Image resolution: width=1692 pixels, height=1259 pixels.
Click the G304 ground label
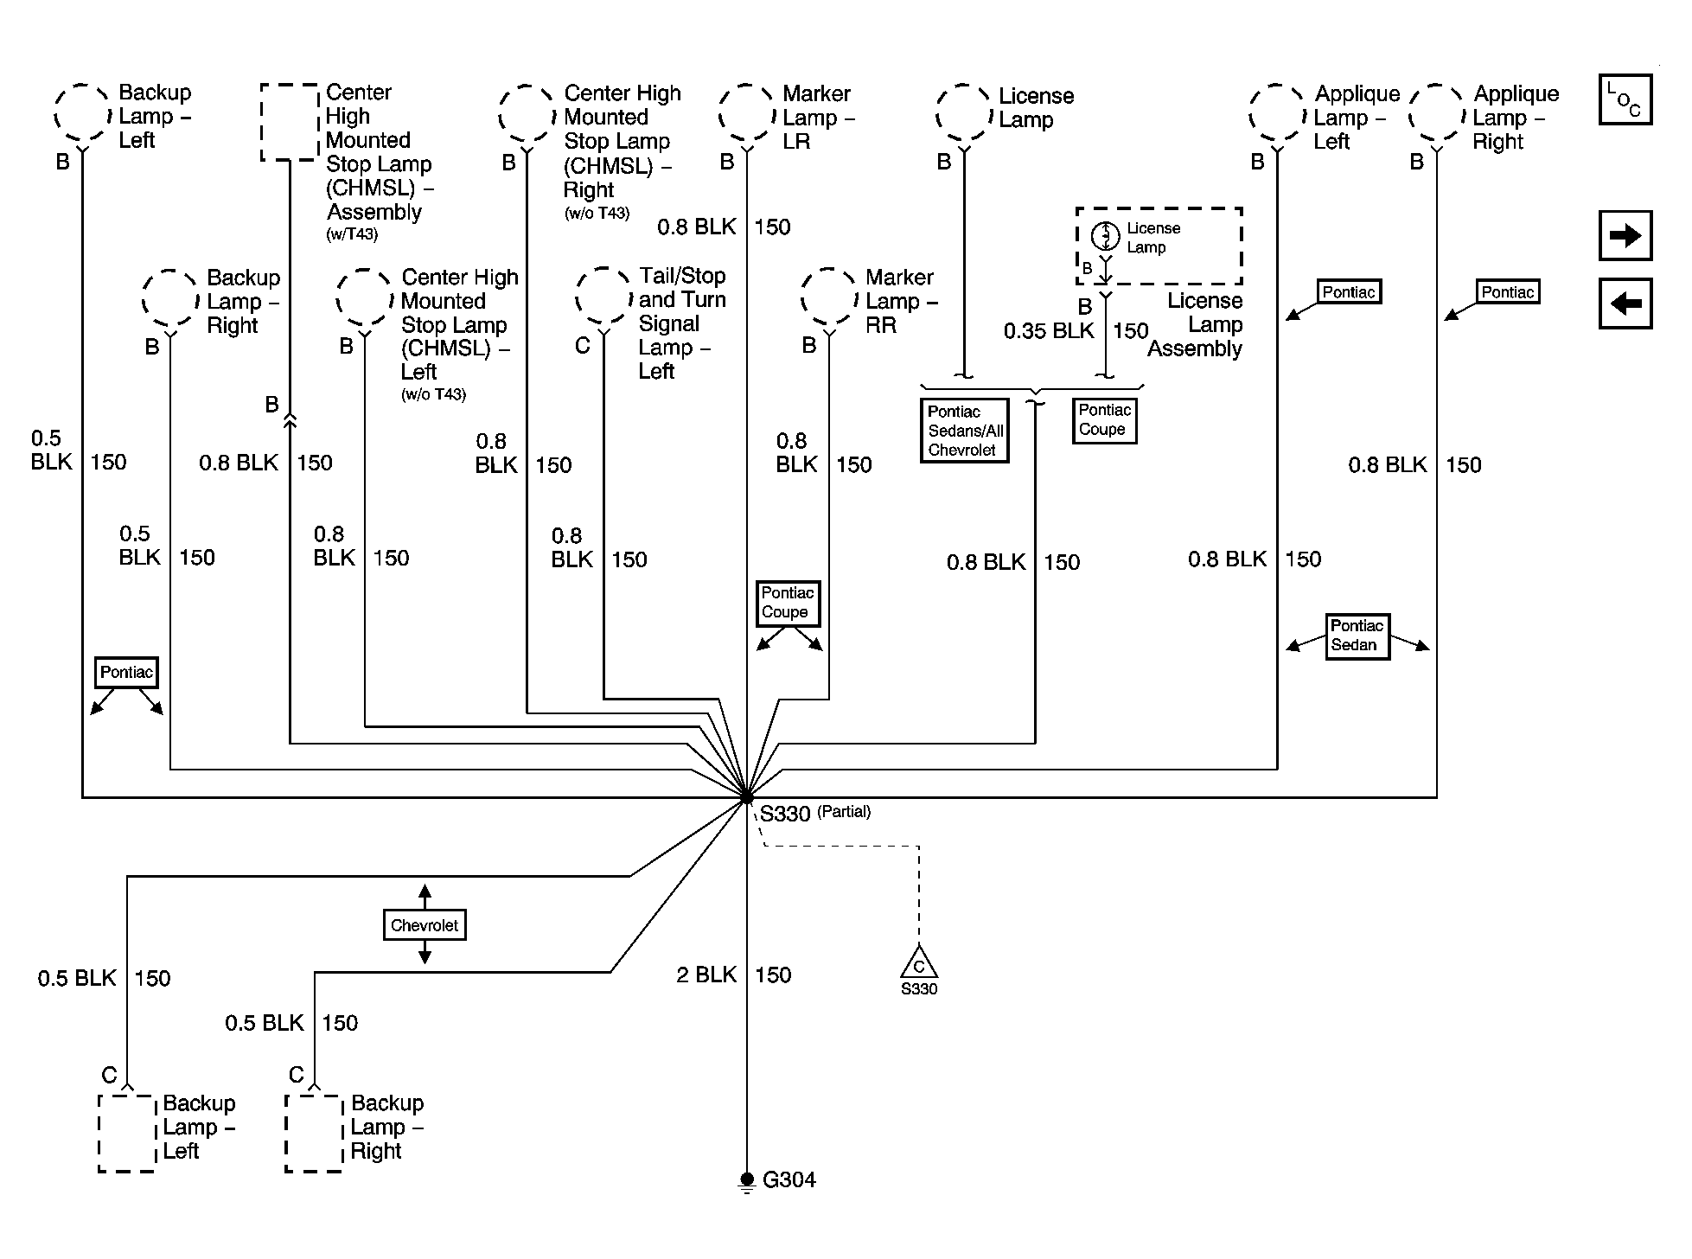[789, 1180]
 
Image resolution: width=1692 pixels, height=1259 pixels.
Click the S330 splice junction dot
[746, 798]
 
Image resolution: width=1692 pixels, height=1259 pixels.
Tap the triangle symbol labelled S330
[918, 963]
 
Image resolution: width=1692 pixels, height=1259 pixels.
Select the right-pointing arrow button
[1625, 235]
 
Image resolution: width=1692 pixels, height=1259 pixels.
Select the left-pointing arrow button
[1625, 304]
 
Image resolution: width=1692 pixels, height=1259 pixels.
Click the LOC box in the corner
[1625, 99]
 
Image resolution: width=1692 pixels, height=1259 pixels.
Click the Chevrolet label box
[425, 925]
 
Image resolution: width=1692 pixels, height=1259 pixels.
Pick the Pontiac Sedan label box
[1357, 636]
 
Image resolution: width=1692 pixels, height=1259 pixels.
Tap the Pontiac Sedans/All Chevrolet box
[965, 431]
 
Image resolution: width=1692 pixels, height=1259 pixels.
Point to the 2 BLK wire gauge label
[706, 975]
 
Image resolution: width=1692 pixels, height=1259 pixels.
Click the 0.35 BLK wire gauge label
[1049, 331]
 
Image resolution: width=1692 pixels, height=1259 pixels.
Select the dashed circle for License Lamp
[964, 113]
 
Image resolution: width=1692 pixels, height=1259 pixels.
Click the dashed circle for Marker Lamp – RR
[829, 297]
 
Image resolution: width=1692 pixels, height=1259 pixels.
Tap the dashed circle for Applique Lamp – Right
[1437, 113]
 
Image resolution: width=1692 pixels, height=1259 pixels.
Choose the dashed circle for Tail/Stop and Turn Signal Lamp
[603, 296]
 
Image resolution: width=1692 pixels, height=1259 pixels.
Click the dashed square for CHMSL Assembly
[290, 122]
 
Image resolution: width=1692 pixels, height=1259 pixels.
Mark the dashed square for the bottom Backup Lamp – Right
[314, 1134]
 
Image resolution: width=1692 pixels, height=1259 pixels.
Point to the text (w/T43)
[352, 234]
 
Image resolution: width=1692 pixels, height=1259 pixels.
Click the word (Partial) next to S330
[844, 812]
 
